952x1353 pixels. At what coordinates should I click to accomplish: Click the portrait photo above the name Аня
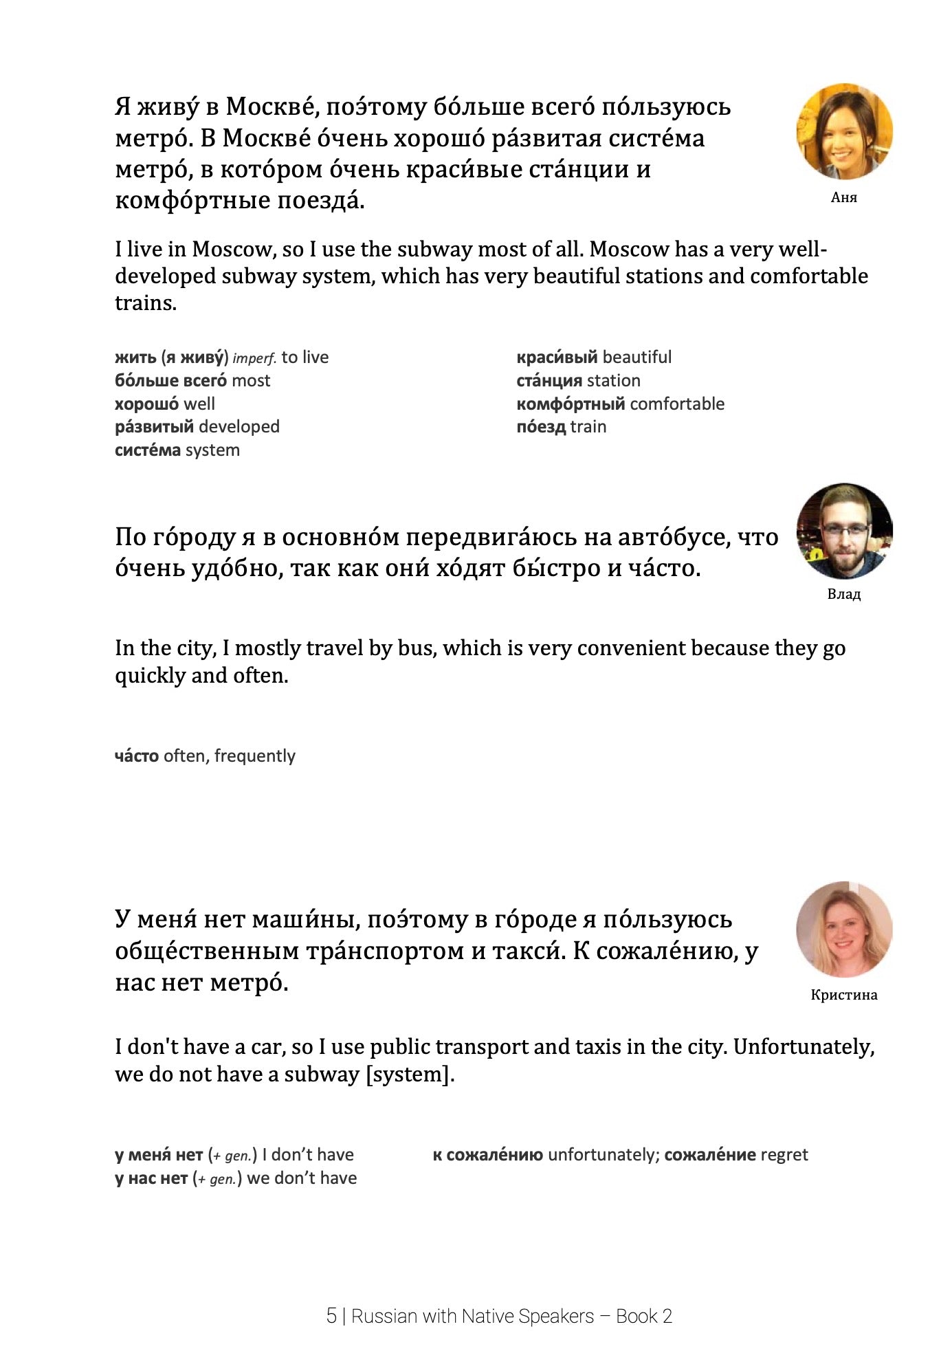pos(844,132)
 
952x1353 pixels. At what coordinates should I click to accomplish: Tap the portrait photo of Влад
pos(844,531)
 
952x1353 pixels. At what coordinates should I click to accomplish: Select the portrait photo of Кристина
pos(844,929)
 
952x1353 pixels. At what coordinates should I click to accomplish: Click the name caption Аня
pos(844,198)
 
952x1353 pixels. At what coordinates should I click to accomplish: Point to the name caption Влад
pos(844,594)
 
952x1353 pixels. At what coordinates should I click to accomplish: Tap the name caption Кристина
pos(844,995)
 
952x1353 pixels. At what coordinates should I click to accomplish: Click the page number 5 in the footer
pos(331,1316)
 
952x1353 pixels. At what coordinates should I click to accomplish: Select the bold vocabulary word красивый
pos(557,357)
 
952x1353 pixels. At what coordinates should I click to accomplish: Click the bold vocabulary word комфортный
pos(571,404)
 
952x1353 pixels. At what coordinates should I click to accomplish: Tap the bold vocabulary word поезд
pos(541,427)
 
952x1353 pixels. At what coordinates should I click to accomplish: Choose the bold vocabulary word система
pos(148,450)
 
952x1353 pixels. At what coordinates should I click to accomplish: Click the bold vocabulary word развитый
pos(154,427)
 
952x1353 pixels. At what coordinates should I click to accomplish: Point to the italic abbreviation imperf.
pos(254,358)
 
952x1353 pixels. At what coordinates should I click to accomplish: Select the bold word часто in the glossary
pos(137,756)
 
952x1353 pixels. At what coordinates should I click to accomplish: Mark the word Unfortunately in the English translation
pos(804,1046)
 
